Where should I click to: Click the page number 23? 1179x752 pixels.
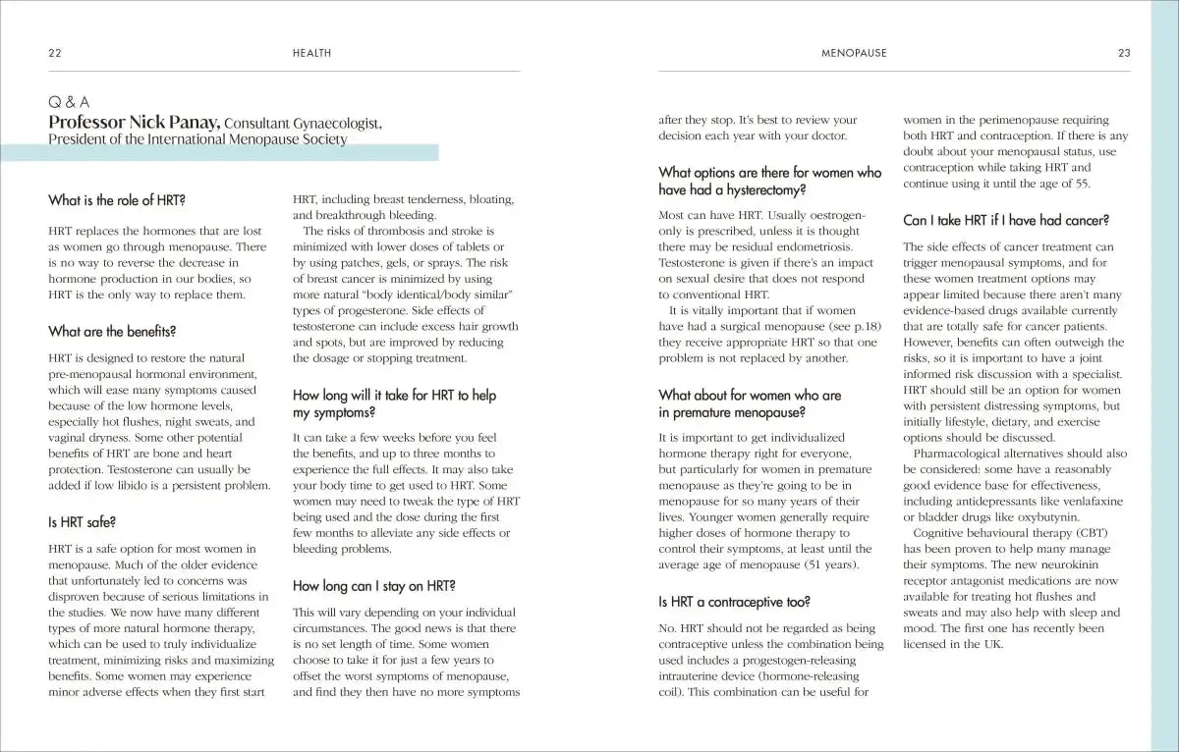point(1124,53)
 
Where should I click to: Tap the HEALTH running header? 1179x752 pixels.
point(312,53)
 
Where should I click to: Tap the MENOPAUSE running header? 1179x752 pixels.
point(854,53)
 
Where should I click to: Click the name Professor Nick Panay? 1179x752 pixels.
point(135,122)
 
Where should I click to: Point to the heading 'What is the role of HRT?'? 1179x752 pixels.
point(117,199)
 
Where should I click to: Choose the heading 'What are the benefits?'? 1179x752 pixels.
point(112,331)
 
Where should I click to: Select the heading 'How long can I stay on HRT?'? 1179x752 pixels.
point(373,586)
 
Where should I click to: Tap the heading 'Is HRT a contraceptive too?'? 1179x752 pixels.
point(734,601)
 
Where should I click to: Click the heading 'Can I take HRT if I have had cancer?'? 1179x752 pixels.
point(1006,220)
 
